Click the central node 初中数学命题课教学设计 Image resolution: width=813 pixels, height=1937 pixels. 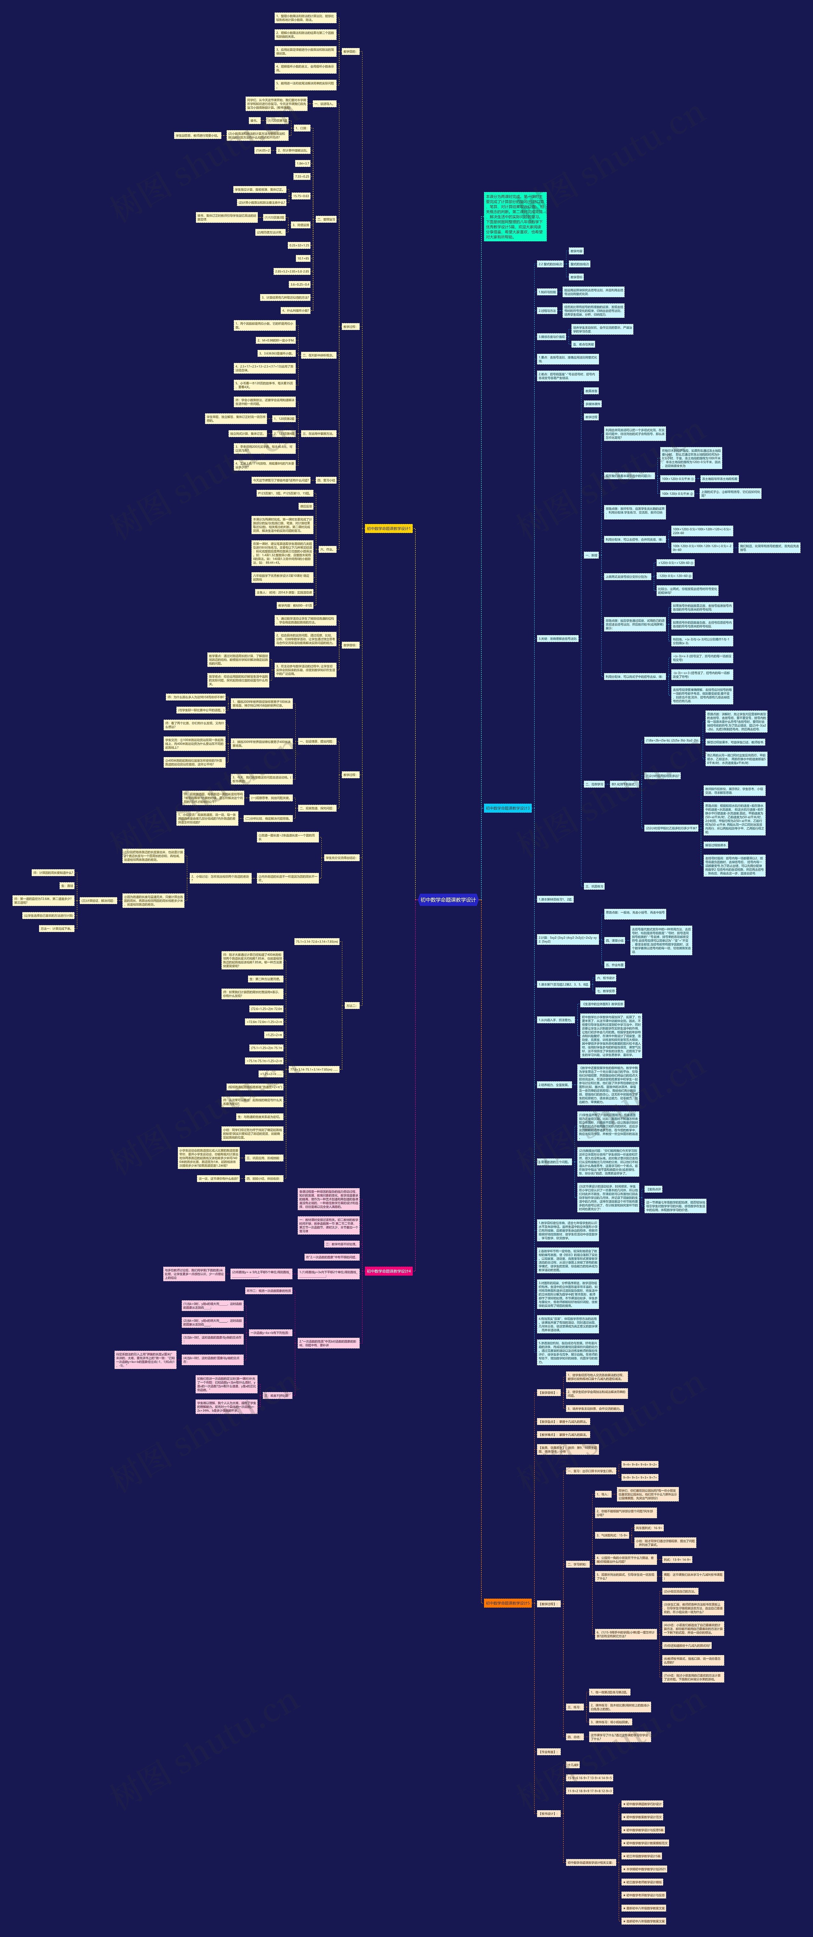(x=448, y=899)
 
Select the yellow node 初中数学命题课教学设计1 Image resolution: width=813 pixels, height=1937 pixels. (x=388, y=529)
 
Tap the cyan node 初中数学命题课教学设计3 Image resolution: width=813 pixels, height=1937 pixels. (x=507, y=808)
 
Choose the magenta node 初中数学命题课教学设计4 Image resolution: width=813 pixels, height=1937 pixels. (x=388, y=1271)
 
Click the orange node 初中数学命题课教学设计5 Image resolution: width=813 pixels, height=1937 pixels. (x=507, y=1602)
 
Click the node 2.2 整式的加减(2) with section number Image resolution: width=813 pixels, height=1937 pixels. (x=550, y=264)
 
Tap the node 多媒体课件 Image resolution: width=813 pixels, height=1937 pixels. (x=592, y=404)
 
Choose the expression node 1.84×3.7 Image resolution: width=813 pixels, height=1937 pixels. (x=302, y=163)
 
